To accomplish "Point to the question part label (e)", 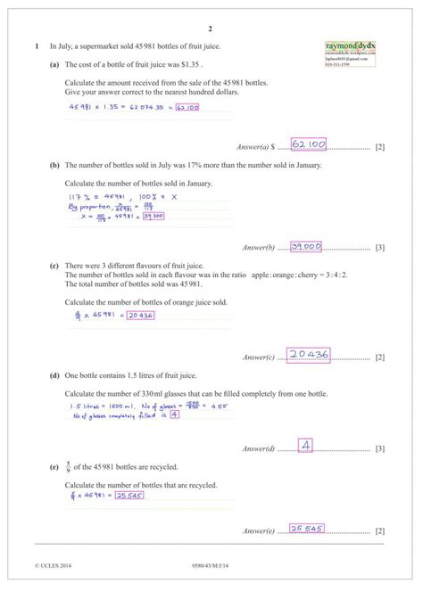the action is [x=54, y=466].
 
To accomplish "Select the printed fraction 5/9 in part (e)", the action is [x=69, y=466].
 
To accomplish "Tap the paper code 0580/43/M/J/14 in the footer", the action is [x=211, y=566].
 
